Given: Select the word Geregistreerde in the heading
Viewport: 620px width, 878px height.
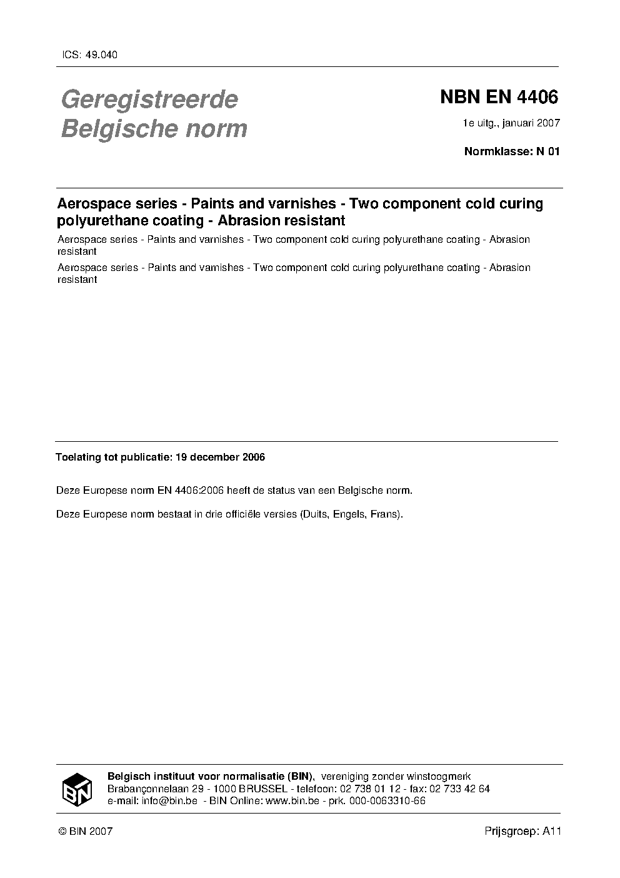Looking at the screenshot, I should click(149, 100).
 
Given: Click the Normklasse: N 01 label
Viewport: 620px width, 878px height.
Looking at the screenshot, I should click(512, 151).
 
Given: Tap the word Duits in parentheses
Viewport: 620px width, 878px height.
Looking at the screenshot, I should click(315, 514).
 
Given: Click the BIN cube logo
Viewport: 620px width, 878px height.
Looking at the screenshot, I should click(77, 789).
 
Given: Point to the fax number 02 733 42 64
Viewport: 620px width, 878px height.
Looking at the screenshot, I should click(458, 789).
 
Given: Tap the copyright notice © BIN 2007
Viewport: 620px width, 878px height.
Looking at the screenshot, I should click(85, 831).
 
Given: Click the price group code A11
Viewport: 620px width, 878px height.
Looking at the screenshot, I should click(552, 831).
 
